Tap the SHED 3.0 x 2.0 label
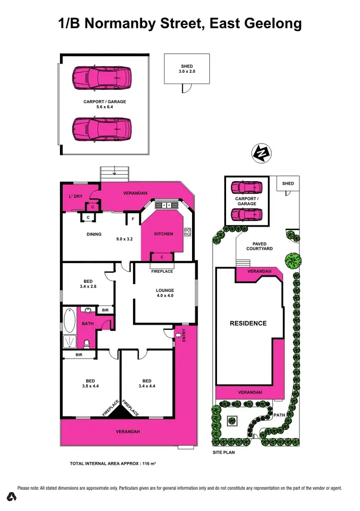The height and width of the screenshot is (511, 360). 187,69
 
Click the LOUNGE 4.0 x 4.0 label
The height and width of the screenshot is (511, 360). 165,293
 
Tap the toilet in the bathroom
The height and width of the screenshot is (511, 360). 87,343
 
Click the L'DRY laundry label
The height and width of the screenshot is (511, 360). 76,196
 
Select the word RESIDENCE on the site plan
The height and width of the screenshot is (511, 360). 248,323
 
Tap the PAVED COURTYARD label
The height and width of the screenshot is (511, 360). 259,246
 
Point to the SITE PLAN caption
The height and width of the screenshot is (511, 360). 224,452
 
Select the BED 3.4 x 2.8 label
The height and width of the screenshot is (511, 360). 87,284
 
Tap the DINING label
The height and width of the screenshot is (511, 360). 94,234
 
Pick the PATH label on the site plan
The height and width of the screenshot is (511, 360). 279,414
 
